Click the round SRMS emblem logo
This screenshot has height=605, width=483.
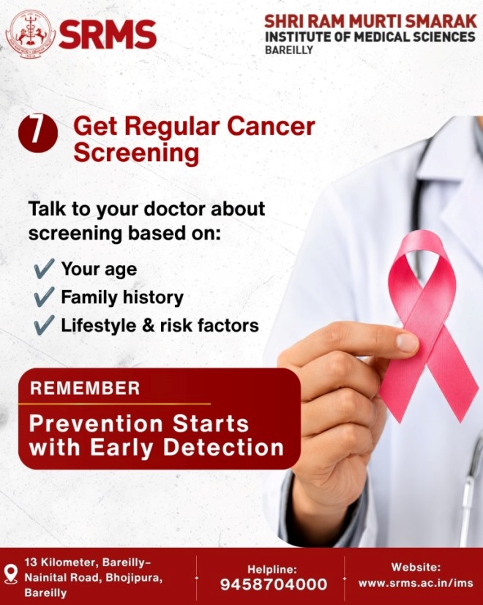coord(30,34)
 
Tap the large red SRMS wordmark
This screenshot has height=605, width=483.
coord(108,34)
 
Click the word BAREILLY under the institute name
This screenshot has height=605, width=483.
coord(289,50)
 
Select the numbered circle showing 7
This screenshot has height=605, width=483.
coord(38,133)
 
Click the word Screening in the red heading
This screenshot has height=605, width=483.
coord(136,153)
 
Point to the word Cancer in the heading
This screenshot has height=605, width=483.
coord(271,127)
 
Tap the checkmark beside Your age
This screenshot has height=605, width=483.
coord(44,269)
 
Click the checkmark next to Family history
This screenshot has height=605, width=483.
coord(44,297)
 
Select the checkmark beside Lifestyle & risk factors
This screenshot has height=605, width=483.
coord(44,325)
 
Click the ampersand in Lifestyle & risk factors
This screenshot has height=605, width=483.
coord(149,325)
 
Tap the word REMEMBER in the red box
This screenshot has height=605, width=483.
coord(85,388)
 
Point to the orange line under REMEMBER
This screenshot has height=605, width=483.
coord(114,404)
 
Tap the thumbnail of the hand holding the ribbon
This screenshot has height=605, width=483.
coord(407,342)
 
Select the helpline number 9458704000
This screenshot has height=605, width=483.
coord(274,584)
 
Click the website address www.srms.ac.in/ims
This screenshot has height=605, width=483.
coord(416,582)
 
